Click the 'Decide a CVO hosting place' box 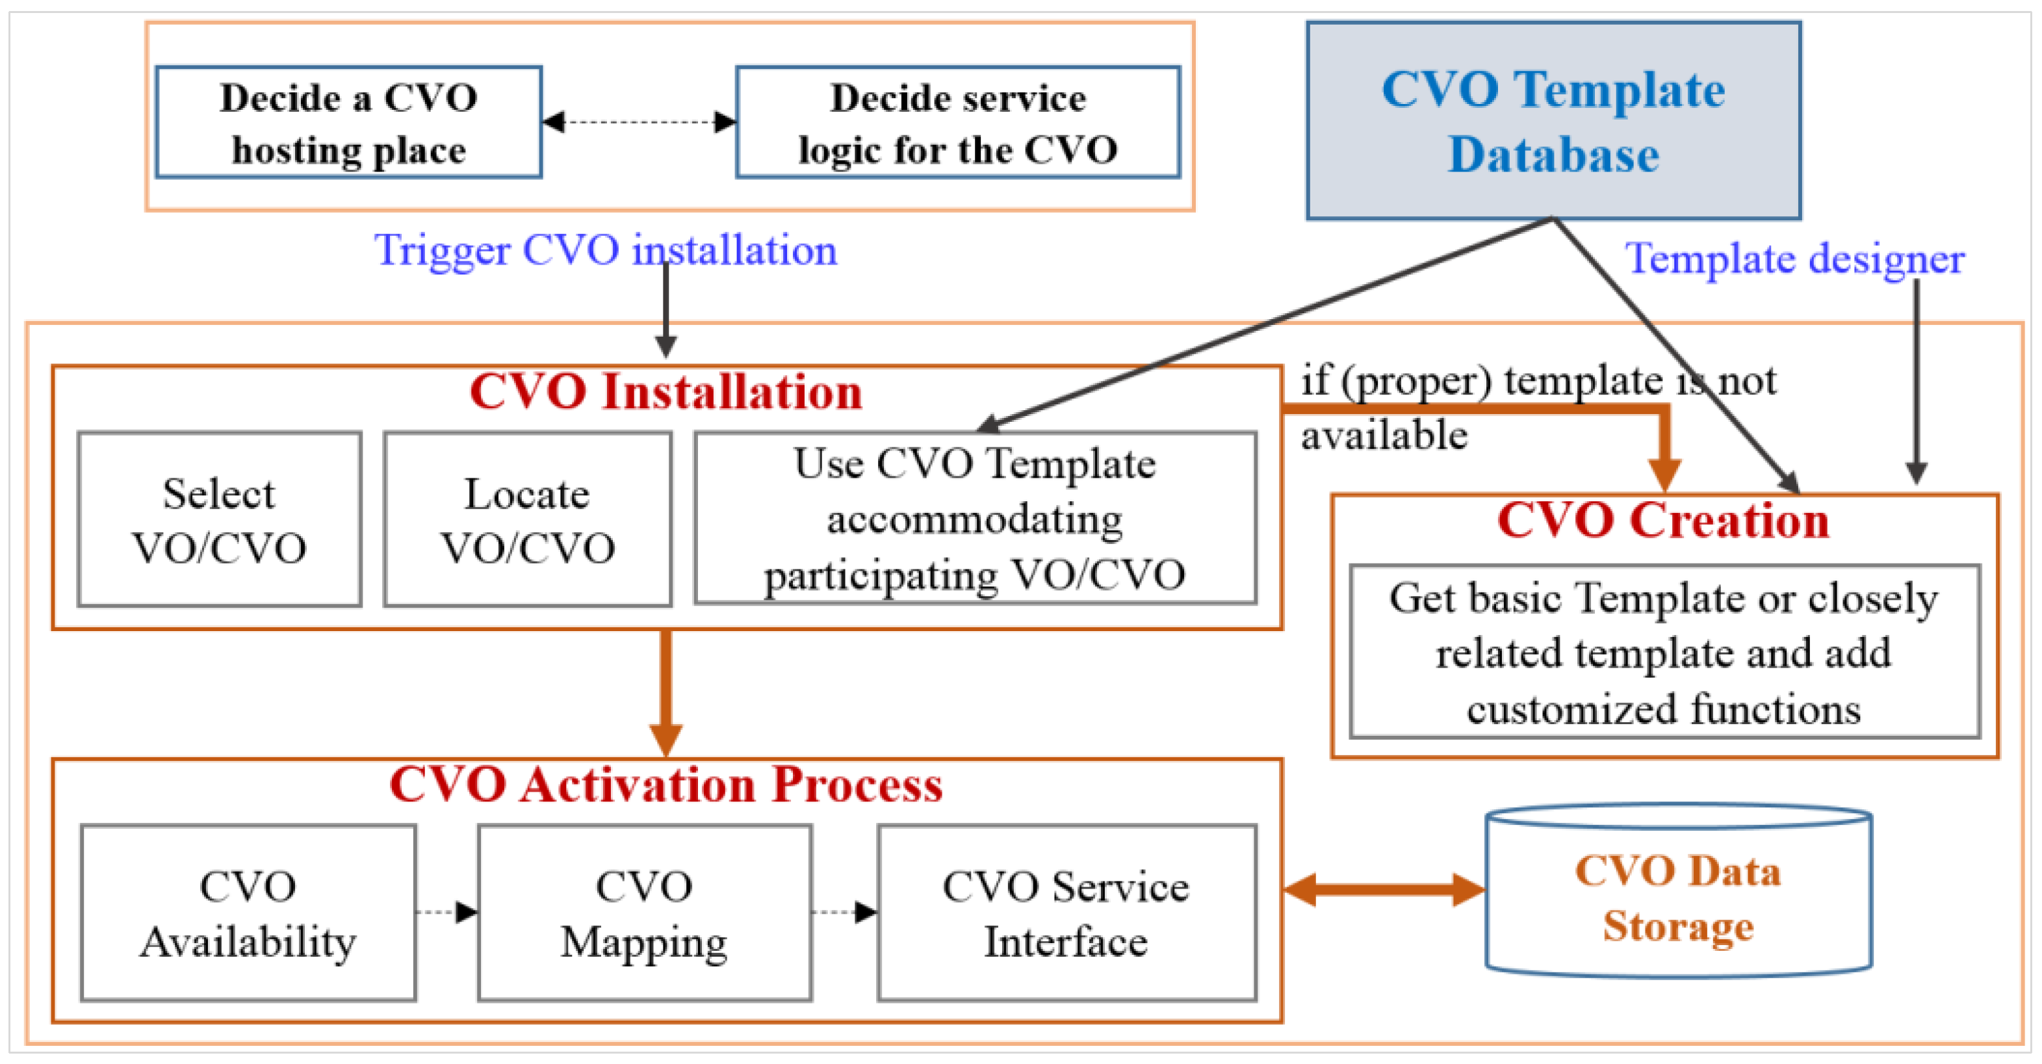[349, 122]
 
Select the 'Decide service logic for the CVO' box [957, 122]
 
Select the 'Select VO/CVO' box [220, 519]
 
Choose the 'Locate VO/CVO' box [527, 519]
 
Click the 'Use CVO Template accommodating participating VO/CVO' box [975, 519]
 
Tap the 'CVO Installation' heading [666, 392]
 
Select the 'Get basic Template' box [1664, 652]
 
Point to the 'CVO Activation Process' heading [666, 785]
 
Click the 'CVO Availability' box [248, 913]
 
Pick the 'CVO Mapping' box [645, 913]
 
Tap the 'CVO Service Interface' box [1066, 913]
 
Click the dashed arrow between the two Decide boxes [639, 122]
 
